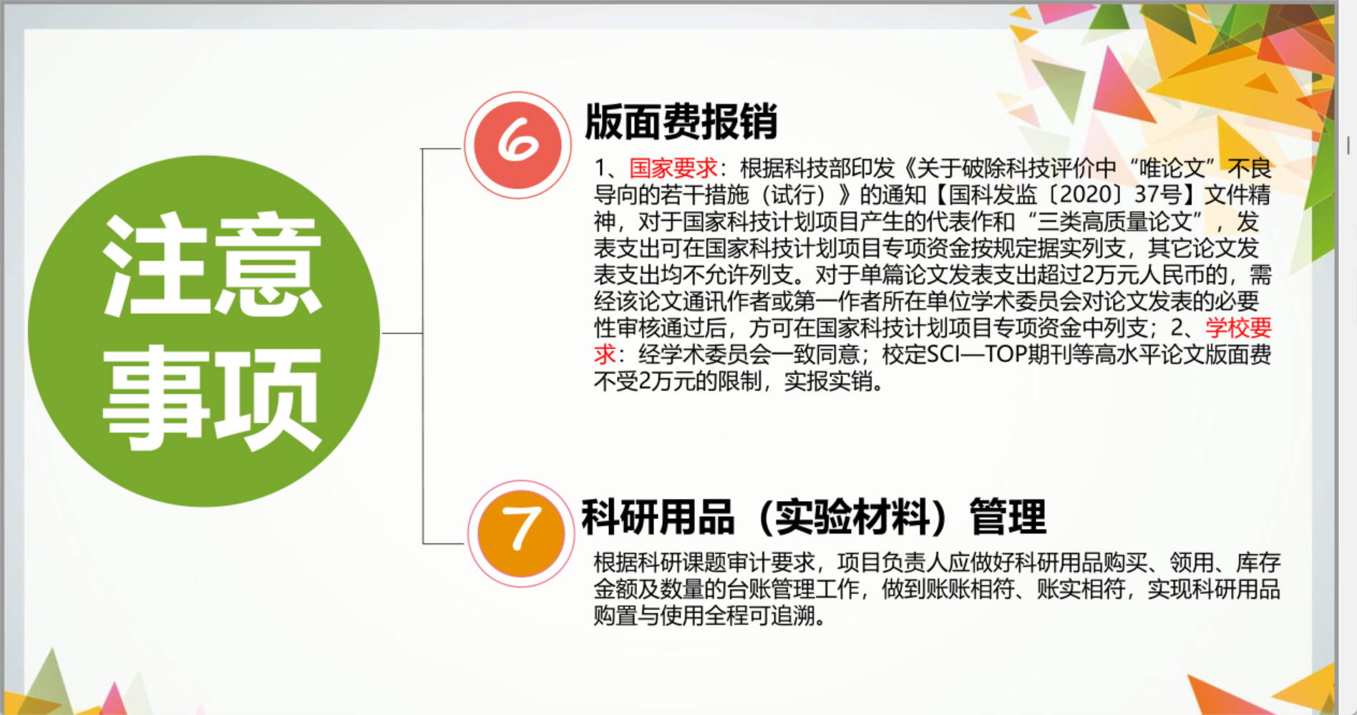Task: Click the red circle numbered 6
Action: pyautogui.click(x=517, y=145)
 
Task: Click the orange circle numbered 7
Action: pyautogui.click(x=521, y=534)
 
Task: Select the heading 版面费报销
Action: pyautogui.click(x=681, y=121)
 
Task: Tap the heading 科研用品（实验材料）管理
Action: pyautogui.click(x=814, y=517)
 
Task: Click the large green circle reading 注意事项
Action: pyautogui.click(x=204, y=331)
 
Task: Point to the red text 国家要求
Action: pyautogui.click(x=673, y=168)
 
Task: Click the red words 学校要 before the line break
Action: pyautogui.click(x=1238, y=328)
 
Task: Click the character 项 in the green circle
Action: pyautogui.click(x=267, y=398)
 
